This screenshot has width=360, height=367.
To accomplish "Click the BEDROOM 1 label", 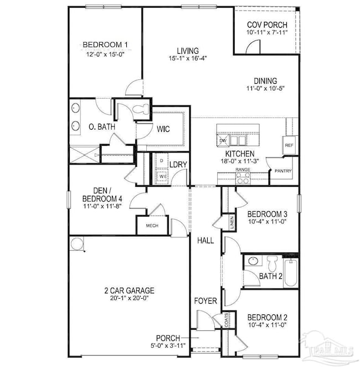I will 105,45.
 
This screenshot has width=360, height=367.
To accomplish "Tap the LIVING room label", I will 184,50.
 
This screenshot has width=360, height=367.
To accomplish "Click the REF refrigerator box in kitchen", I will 289,145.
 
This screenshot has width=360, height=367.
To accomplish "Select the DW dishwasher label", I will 223,141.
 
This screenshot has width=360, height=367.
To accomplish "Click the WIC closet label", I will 163,129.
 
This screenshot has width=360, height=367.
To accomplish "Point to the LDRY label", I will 177,165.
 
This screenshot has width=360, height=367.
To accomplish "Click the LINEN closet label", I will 231,223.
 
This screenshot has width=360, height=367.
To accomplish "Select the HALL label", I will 205,240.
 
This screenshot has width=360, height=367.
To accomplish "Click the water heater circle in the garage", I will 77,242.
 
